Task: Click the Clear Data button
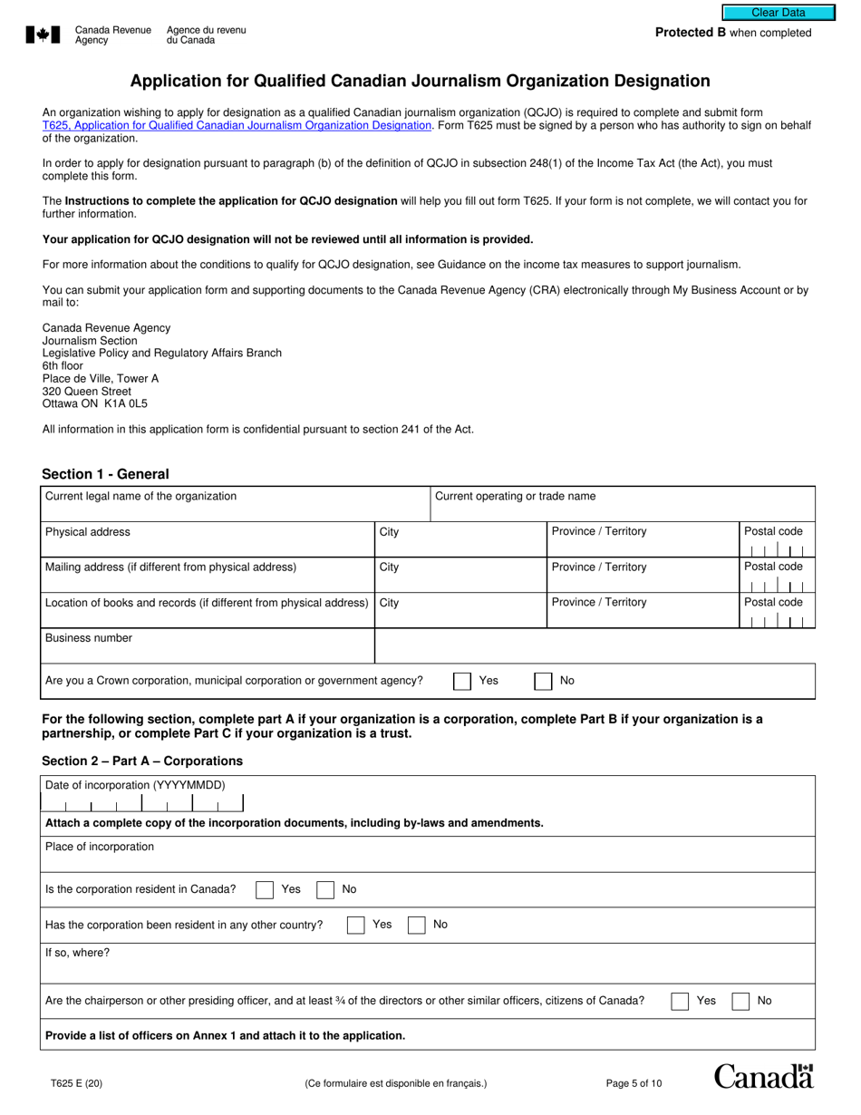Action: click(x=778, y=13)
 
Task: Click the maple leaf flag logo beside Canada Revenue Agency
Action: click(x=43, y=34)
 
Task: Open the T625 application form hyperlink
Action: click(x=237, y=126)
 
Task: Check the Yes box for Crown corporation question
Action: click(x=462, y=682)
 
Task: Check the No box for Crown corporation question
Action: click(x=543, y=682)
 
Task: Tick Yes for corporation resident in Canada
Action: click(x=265, y=890)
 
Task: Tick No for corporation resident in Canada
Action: click(x=325, y=890)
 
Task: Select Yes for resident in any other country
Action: click(x=356, y=926)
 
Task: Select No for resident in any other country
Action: click(x=417, y=926)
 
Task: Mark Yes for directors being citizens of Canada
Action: click(x=680, y=1002)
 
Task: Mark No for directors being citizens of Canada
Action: click(x=740, y=1002)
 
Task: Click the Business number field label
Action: click(x=89, y=638)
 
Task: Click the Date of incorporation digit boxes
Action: click(x=143, y=803)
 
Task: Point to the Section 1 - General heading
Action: click(x=105, y=474)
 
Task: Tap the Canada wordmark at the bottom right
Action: click(x=763, y=1077)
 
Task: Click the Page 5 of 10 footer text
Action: click(x=634, y=1083)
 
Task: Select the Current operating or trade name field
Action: click(x=622, y=504)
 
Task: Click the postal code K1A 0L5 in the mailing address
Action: click(x=121, y=404)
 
